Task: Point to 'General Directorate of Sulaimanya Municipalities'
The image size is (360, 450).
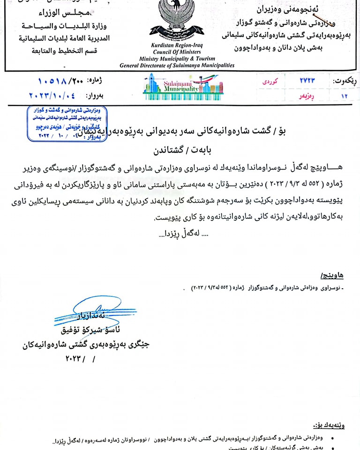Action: [177, 66]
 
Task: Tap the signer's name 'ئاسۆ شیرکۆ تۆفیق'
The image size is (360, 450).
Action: [86, 331]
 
